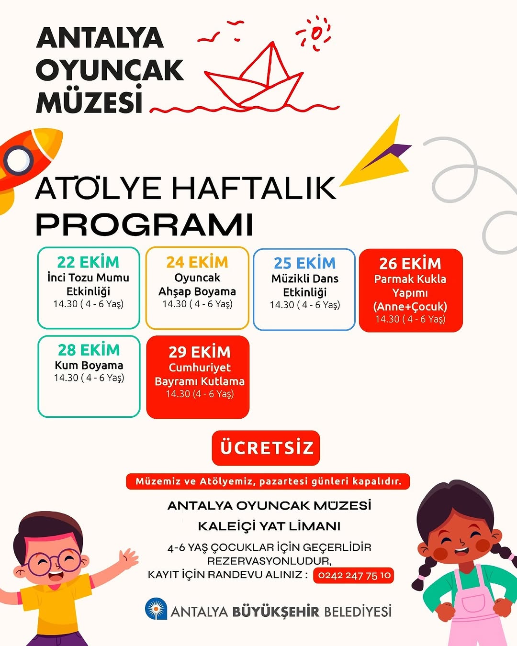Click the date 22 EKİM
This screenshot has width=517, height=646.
click(x=88, y=262)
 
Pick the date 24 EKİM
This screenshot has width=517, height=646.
click(x=197, y=262)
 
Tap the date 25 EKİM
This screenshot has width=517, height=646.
click(x=304, y=263)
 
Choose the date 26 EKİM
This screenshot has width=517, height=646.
click(x=410, y=264)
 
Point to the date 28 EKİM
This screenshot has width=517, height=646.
click(x=89, y=350)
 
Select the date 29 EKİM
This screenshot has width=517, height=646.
click(x=199, y=352)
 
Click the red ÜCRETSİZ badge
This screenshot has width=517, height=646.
click(x=266, y=448)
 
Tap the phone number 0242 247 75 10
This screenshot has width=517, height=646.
click(x=354, y=575)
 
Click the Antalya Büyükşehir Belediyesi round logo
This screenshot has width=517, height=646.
click(x=156, y=609)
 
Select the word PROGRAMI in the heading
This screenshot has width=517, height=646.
click(x=144, y=224)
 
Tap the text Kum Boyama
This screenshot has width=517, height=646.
click(x=89, y=366)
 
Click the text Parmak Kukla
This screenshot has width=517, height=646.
click(x=410, y=279)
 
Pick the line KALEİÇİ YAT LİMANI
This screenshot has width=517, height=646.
click(x=269, y=526)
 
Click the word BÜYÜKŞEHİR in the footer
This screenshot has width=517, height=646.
click(x=276, y=612)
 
